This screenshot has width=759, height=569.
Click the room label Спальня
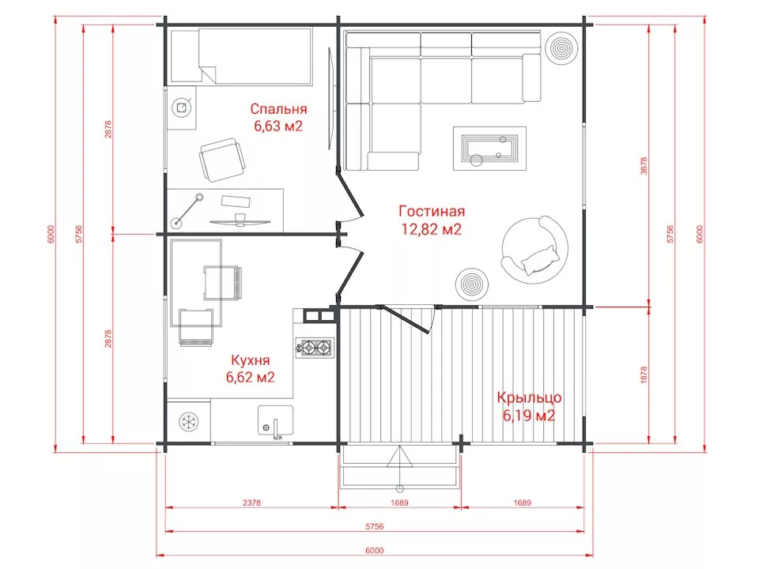coord(278,109)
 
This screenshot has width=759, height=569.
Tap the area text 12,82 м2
coord(432,228)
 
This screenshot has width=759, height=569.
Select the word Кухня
coord(251,360)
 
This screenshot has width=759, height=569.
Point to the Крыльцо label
coord(529,398)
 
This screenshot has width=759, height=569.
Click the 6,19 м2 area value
coord(529,415)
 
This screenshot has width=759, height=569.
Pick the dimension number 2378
coord(251,503)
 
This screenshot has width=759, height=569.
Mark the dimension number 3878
coord(644,165)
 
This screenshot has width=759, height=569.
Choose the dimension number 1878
coord(644,375)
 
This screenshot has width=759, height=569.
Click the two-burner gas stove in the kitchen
coord(315,347)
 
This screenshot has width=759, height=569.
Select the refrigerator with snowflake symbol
coord(188,421)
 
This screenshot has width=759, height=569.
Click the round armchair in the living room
coord(534,251)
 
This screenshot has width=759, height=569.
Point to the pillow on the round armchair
coord(538,260)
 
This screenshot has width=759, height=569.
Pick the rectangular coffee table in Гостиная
coord(489,149)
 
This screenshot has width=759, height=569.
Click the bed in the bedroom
coord(240,55)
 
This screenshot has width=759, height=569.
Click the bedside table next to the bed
coord(182,108)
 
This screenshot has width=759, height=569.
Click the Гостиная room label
coord(432,211)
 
